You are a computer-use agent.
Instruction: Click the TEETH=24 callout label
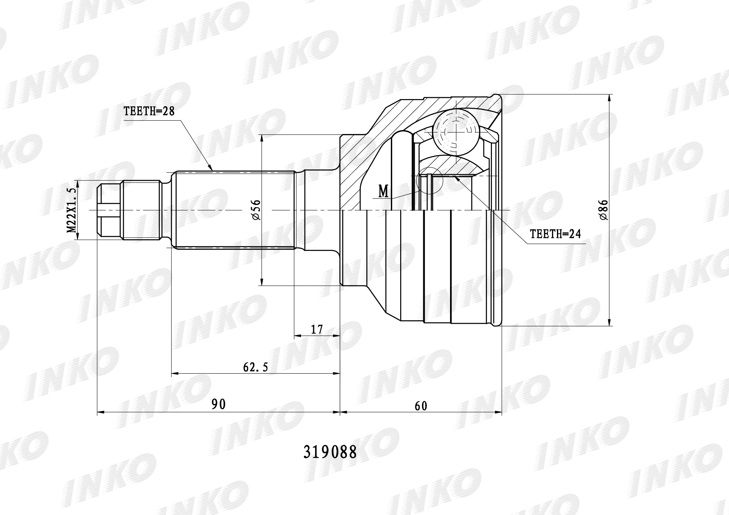555,234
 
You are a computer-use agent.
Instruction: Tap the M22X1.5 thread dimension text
72,210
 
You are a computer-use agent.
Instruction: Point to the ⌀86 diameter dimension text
604,210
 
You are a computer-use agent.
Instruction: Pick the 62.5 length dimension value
256,367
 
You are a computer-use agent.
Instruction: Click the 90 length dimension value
218,404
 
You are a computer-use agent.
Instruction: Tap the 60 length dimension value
421,406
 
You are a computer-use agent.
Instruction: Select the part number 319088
330,452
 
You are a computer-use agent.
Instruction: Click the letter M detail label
384,192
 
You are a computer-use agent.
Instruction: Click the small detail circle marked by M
429,181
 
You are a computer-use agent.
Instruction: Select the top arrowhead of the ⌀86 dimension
609,98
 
